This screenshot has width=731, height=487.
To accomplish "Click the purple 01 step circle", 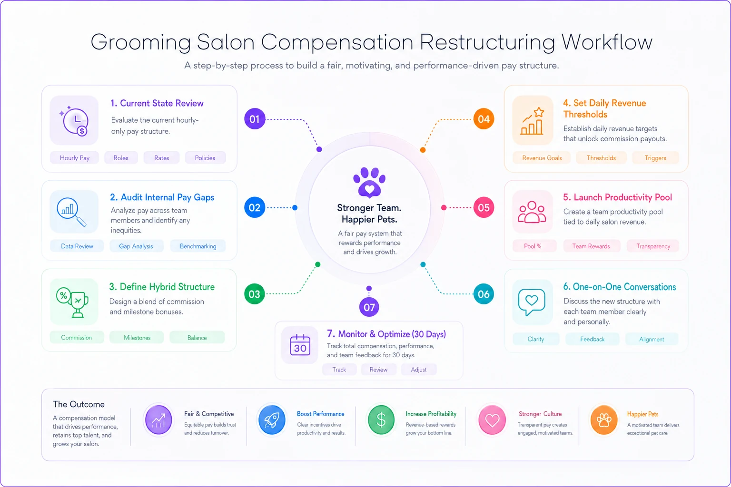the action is (255, 119).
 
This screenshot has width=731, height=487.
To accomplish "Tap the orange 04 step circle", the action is (484, 119).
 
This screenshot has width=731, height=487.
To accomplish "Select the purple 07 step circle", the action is (369, 307).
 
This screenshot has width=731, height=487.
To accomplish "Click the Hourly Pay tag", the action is (74, 158).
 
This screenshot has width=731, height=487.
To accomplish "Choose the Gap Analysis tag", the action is (136, 246).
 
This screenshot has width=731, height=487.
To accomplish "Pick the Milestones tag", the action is (137, 338).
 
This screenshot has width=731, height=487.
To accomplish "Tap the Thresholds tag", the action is (601, 158).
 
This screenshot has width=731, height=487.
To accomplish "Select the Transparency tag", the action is (653, 246).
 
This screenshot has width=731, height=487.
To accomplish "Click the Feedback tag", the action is (593, 339).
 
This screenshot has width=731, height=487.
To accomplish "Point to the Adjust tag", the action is (419, 370).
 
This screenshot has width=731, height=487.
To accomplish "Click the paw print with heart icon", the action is (369, 183).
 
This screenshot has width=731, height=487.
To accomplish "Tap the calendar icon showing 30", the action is (300, 345).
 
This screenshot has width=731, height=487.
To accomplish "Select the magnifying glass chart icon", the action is (71, 212).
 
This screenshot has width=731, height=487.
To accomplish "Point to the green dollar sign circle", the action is (381, 420).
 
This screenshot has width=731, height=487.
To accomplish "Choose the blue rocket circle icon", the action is (272, 420).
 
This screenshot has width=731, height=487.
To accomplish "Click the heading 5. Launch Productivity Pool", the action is (617, 197).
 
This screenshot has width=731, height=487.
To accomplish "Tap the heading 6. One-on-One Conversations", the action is (619, 287).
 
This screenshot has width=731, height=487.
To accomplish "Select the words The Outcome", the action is (79, 404).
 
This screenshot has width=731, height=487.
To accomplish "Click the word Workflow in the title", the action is (607, 42).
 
